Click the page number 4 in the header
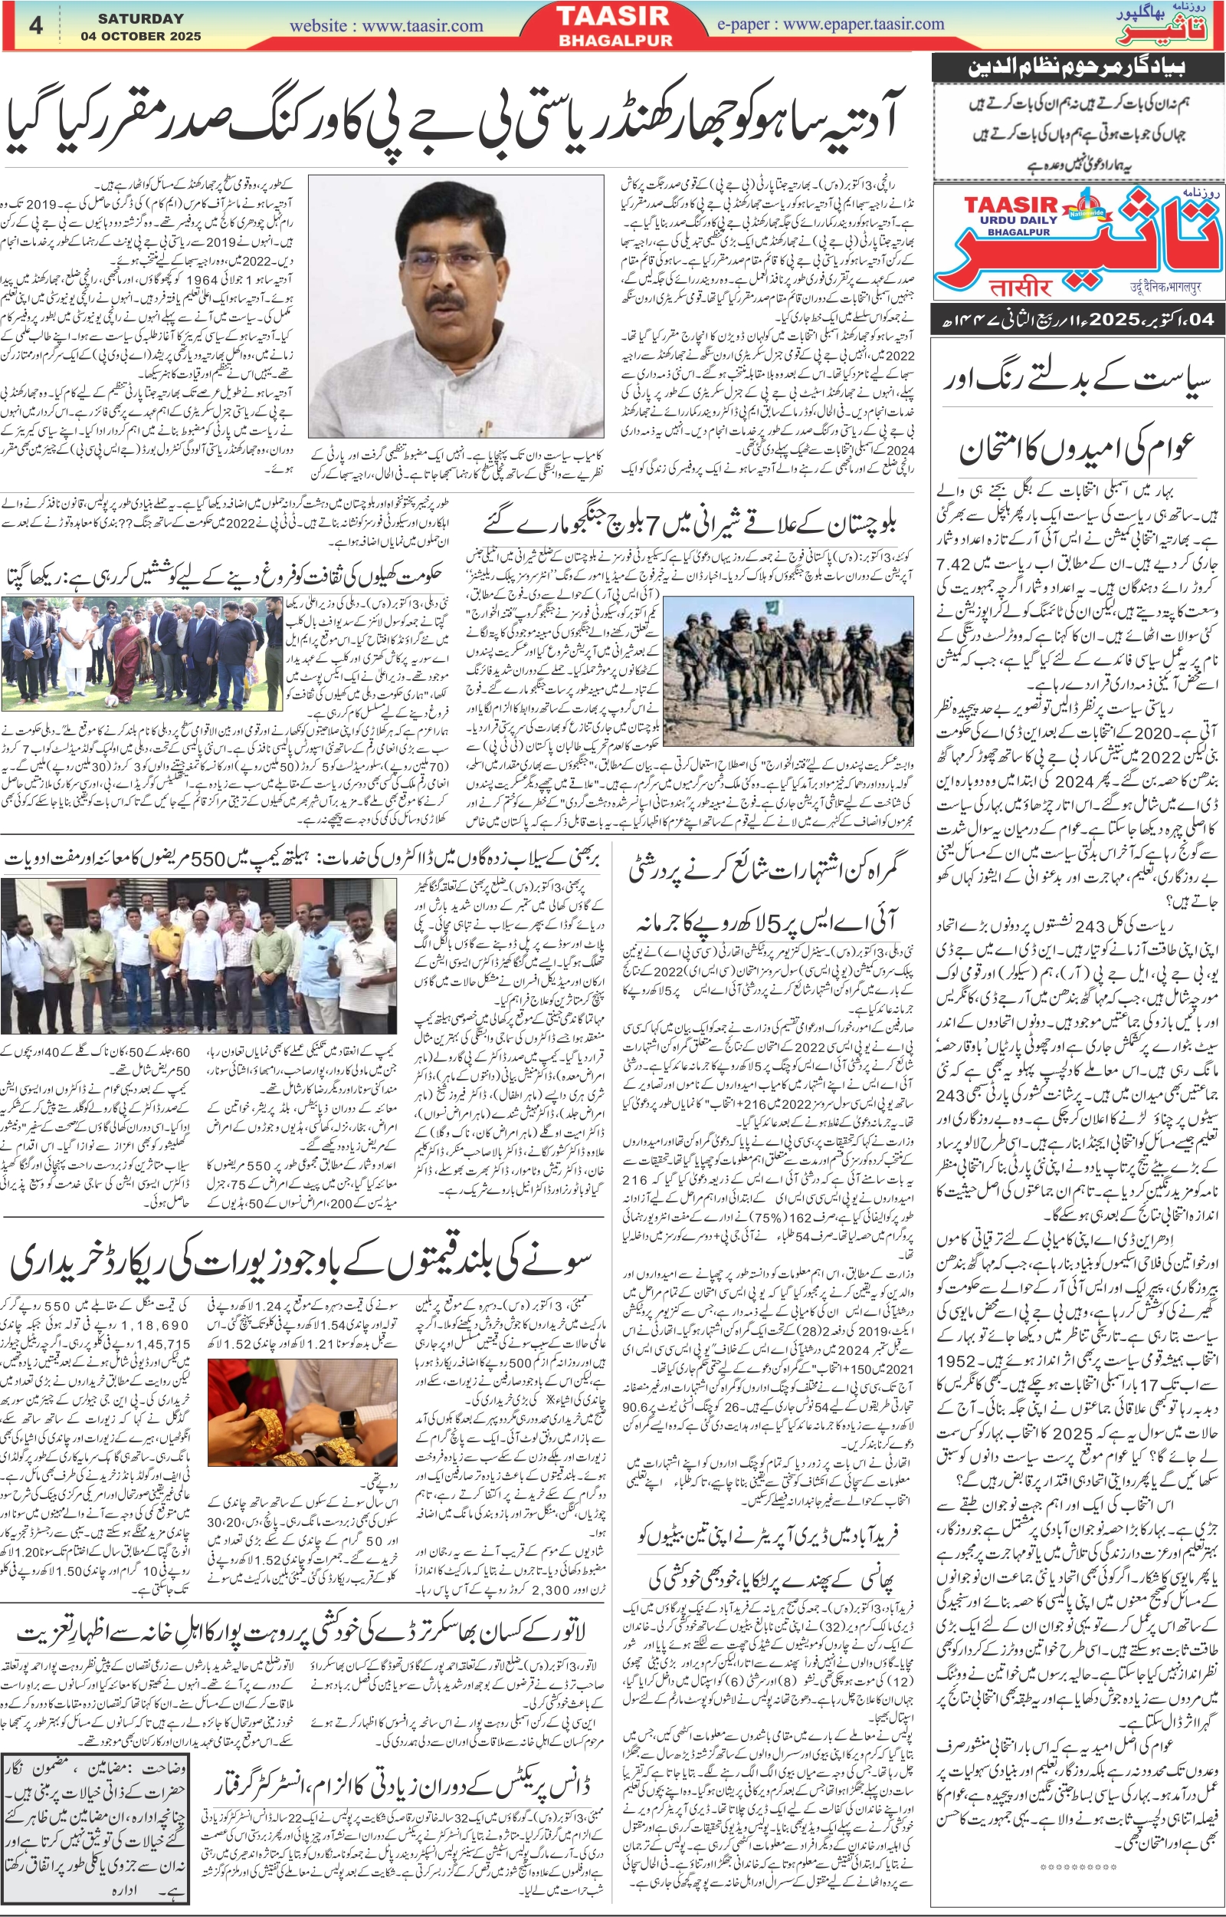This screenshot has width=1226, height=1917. click(36, 25)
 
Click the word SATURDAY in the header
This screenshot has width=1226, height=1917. click(140, 18)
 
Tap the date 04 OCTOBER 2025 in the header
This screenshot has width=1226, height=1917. click(140, 37)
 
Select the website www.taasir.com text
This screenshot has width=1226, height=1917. click(386, 26)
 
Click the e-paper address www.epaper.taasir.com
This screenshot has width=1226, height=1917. click(831, 25)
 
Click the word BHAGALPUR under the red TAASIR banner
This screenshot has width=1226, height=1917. click(615, 41)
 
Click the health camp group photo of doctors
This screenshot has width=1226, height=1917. click(199, 955)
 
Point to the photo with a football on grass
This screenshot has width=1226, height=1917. click(142, 653)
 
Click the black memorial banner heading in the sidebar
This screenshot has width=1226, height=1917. click(1078, 67)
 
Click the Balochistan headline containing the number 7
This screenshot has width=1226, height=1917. click(690, 524)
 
